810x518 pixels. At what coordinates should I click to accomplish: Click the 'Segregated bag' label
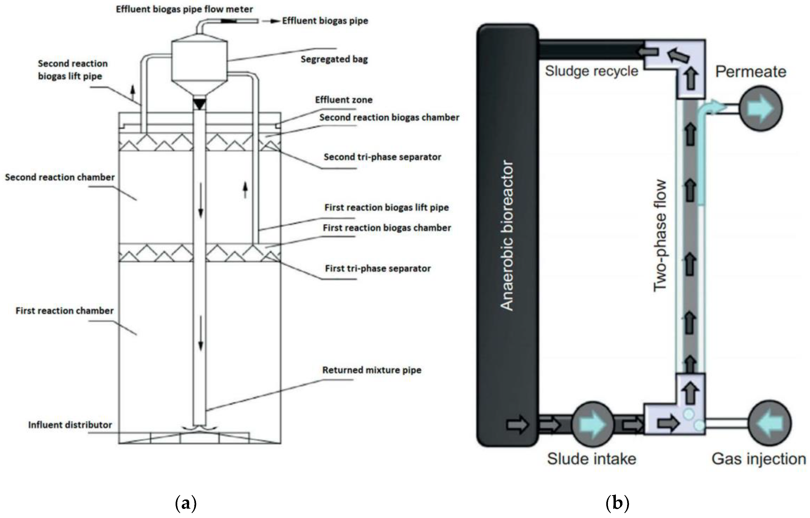[334, 60]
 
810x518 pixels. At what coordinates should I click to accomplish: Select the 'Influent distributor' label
[70, 425]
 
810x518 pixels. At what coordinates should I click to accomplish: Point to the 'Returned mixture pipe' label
[372, 370]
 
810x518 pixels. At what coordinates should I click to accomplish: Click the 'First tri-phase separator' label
[378, 268]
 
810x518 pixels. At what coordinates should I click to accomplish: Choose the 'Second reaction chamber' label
[60, 177]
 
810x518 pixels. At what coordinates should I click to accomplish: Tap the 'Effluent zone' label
[344, 100]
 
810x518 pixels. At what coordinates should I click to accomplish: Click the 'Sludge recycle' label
[591, 71]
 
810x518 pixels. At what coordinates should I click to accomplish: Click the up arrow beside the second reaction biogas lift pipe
[133, 90]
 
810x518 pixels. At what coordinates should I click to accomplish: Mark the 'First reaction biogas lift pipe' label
[386, 208]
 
